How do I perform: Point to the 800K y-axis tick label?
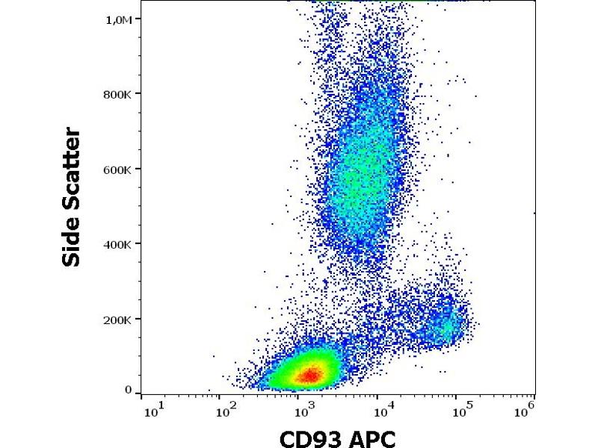coord(118,94)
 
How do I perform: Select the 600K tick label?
coord(118,169)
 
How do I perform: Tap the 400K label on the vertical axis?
coord(118,244)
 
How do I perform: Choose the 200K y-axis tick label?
coord(118,320)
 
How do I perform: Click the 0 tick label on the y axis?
coord(129,390)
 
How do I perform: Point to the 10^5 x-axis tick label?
coord(461,410)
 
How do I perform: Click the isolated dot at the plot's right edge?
coord(534,213)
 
